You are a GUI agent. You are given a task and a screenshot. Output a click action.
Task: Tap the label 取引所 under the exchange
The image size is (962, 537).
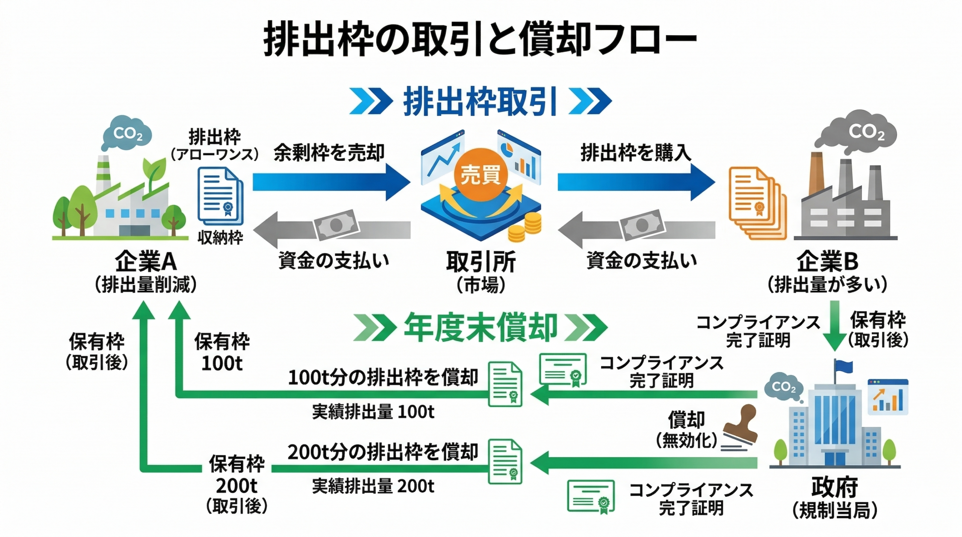[x=481, y=262]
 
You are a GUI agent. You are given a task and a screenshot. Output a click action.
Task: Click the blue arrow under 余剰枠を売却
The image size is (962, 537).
[x=331, y=182]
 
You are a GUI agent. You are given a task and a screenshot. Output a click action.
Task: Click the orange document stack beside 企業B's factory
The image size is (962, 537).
[x=757, y=203]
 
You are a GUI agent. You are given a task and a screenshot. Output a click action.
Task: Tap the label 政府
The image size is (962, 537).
[x=834, y=487]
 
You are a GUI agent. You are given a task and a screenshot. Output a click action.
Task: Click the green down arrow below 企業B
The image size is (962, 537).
[x=835, y=325]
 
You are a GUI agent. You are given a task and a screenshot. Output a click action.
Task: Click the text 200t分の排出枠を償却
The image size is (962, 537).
[x=383, y=452]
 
